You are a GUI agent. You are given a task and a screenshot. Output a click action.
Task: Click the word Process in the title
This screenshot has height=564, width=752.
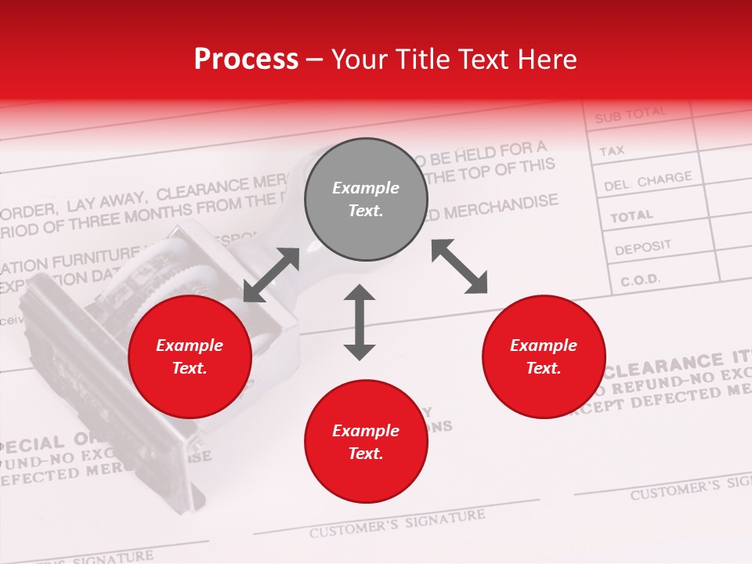246,60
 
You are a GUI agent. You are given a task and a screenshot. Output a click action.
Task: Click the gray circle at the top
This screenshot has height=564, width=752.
366,200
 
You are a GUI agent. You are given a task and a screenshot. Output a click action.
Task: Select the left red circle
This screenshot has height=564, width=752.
190,357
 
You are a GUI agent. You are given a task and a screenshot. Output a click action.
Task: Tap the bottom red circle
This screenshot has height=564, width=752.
366,442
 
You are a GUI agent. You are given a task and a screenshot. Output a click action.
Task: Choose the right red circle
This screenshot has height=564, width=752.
544,357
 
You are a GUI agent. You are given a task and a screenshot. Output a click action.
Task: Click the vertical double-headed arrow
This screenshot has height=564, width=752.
360,322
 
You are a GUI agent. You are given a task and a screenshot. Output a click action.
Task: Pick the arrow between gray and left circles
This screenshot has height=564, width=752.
271,275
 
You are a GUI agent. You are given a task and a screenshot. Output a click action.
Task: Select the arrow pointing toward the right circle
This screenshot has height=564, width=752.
459,266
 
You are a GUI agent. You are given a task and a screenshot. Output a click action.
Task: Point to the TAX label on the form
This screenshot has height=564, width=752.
612,150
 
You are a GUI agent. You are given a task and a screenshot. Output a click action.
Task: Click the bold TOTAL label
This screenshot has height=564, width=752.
631,215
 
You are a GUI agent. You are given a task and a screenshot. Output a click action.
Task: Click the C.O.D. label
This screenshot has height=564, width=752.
640,280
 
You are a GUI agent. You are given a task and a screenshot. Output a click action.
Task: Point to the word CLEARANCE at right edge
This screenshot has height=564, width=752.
664,365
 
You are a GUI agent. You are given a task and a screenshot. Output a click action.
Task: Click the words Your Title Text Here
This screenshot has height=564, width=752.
454,60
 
